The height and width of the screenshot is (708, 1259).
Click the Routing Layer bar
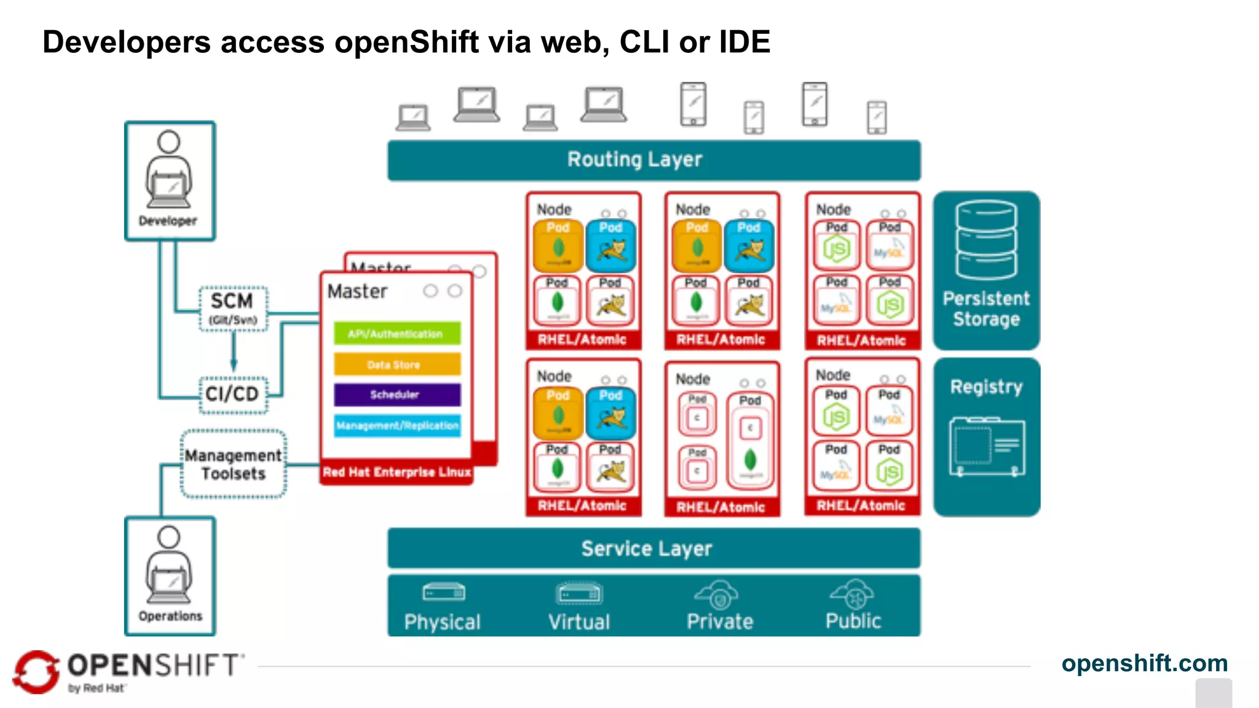(653, 160)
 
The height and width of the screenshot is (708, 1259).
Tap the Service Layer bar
(653, 548)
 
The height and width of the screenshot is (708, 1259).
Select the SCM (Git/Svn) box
(233, 309)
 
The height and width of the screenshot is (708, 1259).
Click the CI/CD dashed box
(233, 394)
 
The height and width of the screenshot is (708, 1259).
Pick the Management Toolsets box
(234, 464)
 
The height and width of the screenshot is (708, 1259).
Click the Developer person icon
(169, 171)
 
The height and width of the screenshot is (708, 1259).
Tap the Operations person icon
(169, 565)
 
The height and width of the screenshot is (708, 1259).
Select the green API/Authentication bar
(397, 334)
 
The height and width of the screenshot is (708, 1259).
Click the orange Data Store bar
(397, 364)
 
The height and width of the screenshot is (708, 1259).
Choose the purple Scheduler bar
(397, 395)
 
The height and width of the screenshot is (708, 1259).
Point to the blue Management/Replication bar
(397, 425)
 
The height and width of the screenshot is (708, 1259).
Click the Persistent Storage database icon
(986, 240)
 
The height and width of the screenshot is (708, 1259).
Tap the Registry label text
(986, 387)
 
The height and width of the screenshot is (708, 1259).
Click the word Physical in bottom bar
(442, 622)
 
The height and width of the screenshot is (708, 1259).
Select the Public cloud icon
(854, 594)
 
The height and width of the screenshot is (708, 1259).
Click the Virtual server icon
(579, 594)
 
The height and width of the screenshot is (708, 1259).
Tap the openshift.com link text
(1144, 663)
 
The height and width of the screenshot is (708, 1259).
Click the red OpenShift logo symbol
(36, 672)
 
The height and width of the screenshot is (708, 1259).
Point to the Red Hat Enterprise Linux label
(397, 472)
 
